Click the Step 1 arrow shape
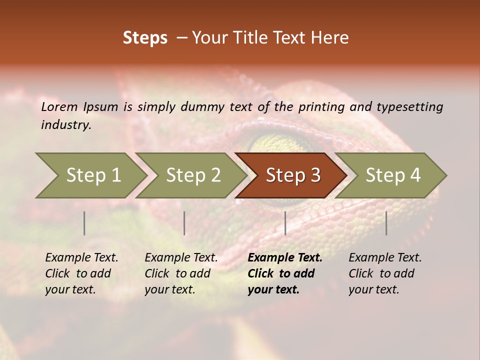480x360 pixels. tap(92, 175)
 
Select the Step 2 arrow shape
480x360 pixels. tap(192, 175)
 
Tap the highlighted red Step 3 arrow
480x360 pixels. tap(292, 175)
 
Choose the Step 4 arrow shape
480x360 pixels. tap(392, 175)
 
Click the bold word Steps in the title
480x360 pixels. tap(145, 38)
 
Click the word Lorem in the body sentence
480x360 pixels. tap(59, 106)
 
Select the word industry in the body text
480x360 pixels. tap(65, 125)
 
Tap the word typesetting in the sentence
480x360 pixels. tap(409, 107)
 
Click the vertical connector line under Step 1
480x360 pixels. tap(84, 223)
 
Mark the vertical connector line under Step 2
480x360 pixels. tap(184, 223)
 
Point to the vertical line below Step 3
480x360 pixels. tap(285, 223)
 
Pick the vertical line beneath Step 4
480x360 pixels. tap(386, 223)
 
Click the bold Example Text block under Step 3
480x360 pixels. tap(284, 273)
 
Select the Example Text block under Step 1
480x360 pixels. tap(81, 273)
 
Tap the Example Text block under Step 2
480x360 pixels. tap(181, 273)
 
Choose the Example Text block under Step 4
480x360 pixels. tap(385, 273)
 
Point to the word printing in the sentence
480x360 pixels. tap(320, 107)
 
